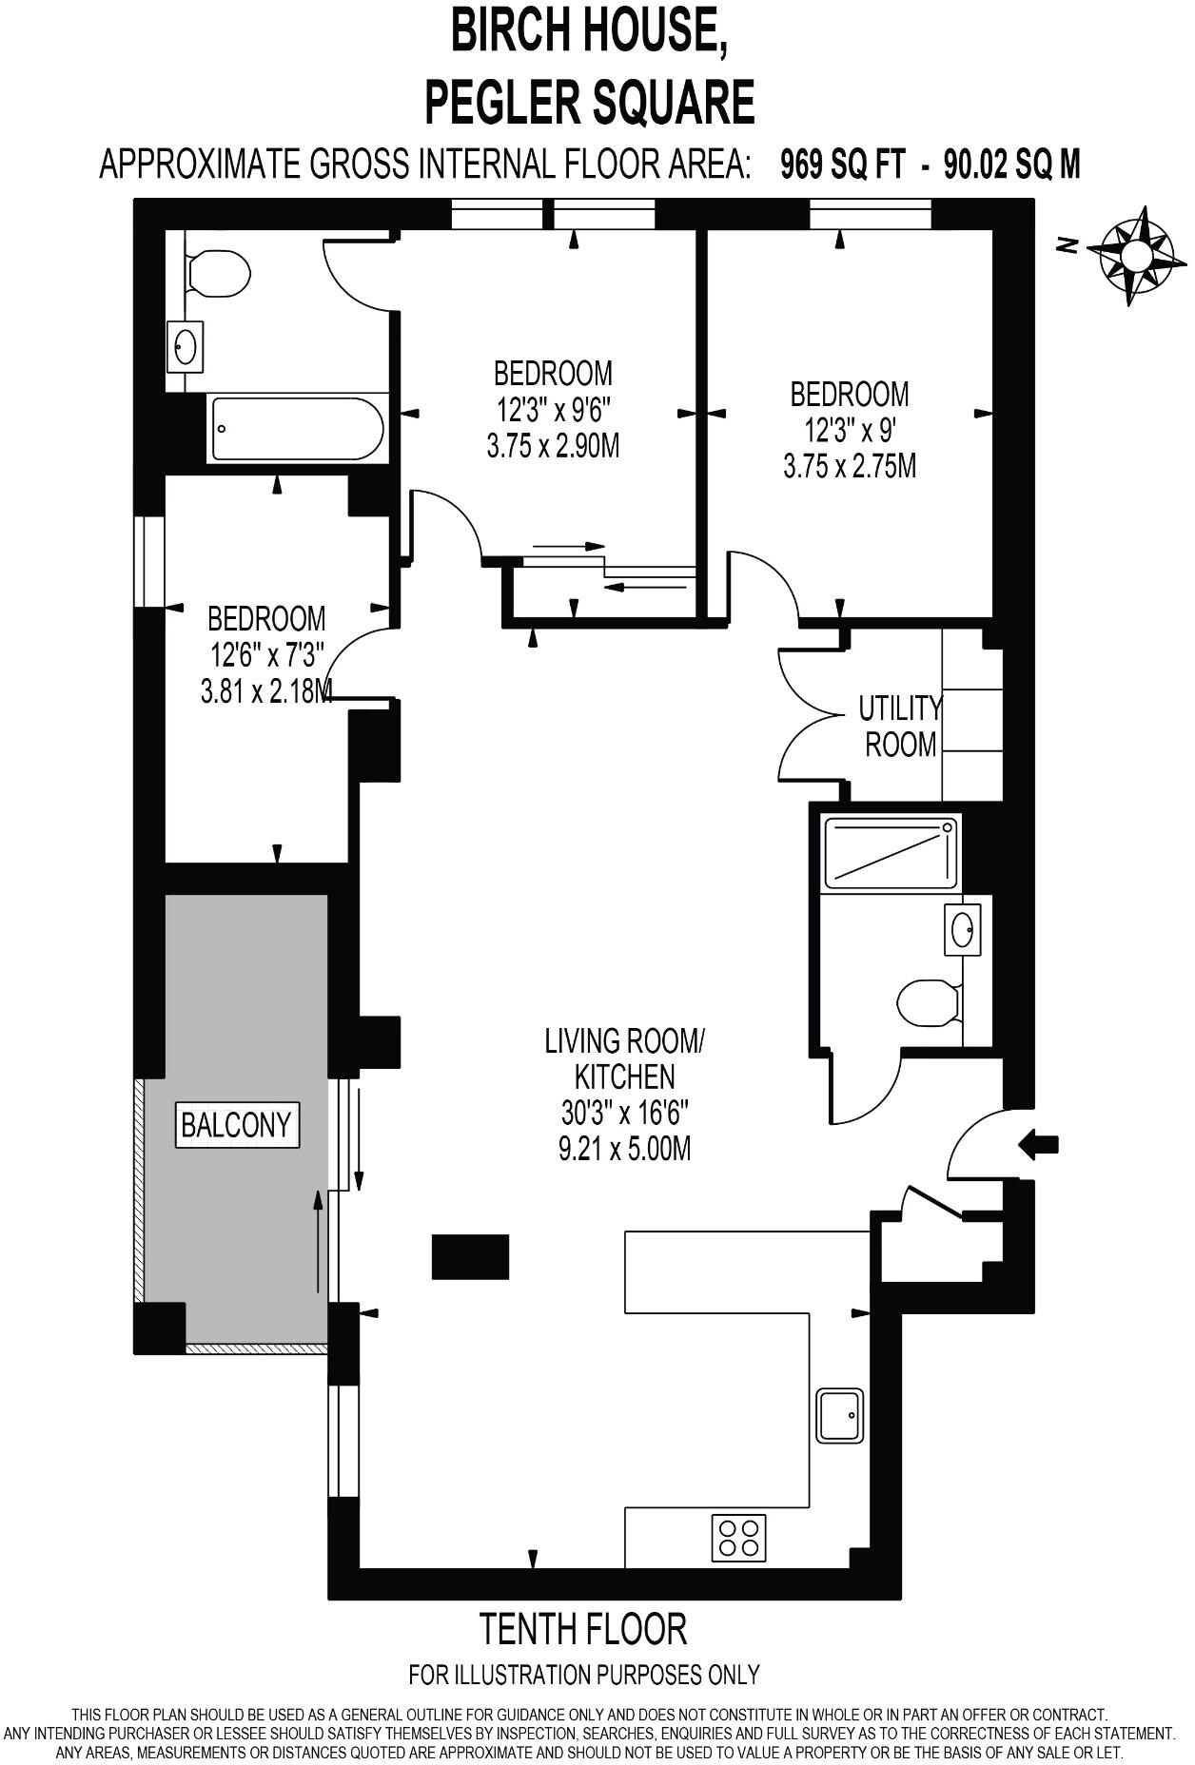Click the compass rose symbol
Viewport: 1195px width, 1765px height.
(x=1136, y=255)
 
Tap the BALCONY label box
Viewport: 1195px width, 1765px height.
(x=236, y=1125)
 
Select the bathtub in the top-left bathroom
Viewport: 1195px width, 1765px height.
(x=297, y=429)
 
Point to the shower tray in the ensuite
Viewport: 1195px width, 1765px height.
(x=891, y=852)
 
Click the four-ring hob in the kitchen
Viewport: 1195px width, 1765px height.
(x=739, y=1538)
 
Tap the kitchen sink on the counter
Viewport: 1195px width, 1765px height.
(x=840, y=1415)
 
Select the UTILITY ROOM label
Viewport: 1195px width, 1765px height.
(x=899, y=727)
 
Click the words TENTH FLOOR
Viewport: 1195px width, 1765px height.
(x=583, y=1630)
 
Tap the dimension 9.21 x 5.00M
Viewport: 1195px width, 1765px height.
(x=624, y=1149)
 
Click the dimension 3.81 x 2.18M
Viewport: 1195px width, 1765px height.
(x=266, y=690)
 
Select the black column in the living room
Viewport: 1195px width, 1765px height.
(x=470, y=1256)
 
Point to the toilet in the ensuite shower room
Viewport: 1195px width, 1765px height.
(x=928, y=1003)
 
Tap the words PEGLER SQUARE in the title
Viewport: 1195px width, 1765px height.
(x=590, y=103)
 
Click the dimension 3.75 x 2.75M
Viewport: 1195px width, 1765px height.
(x=850, y=466)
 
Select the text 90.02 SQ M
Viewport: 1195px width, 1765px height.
(x=1011, y=165)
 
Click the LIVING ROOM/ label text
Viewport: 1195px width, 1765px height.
(x=624, y=1040)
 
